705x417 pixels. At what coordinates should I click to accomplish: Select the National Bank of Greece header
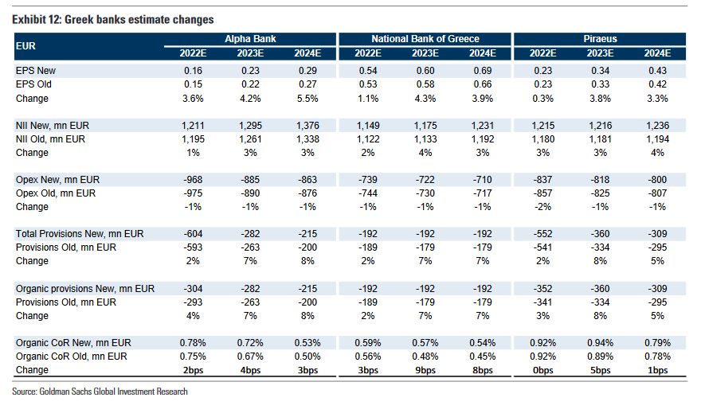pyautogui.click(x=425, y=38)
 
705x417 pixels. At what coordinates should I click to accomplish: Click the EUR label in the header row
pyautogui.click(x=25, y=45)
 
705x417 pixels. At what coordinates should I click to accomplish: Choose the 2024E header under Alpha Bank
pyautogui.click(x=310, y=53)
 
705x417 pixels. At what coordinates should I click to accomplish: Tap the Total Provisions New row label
pyautogui.click(x=80, y=234)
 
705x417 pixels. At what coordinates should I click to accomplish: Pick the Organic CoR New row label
pyautogui.click(x=72, y=343)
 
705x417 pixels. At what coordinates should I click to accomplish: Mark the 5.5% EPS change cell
pyautogui.click(x=310, y=99)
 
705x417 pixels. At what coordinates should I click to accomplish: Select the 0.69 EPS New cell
pyautogui.click(x=483, y=71)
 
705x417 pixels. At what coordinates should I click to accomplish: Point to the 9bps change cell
pyautogui.click(x=425, y=370)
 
